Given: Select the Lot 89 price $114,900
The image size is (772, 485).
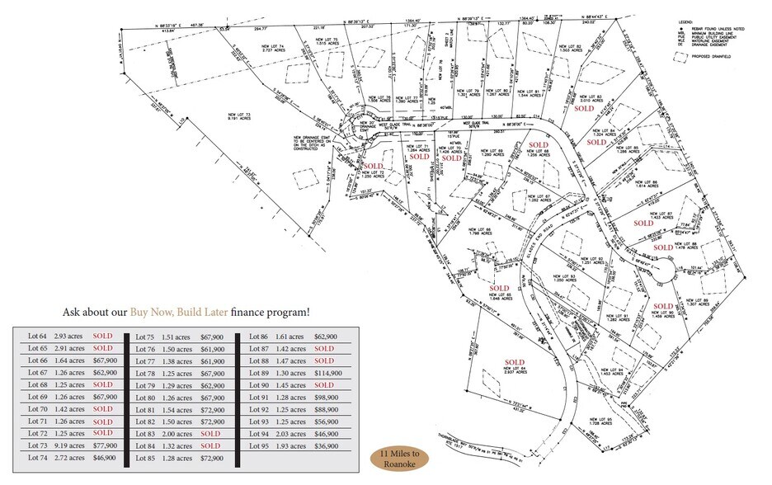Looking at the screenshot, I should click(x=326, y=373).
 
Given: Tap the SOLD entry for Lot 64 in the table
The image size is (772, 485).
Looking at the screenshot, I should click(x=102, y=337).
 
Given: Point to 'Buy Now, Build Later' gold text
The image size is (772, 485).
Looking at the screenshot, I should click(x=177, y=313).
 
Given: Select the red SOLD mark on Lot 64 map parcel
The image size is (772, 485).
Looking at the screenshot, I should click(x=515, y=362).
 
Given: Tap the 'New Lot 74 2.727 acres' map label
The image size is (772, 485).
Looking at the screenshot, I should click(x=294, y=48).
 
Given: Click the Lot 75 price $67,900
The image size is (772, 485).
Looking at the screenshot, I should click(x=213, y=337).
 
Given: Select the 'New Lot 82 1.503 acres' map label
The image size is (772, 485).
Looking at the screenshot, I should click(x=569, y=49).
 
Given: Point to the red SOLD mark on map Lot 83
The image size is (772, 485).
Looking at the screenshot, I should click(x=584, y=108).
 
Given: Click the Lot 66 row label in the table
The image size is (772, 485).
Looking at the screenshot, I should click(x=36, y=360).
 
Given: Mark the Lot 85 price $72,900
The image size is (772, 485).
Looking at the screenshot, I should click(x=213, y=457).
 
